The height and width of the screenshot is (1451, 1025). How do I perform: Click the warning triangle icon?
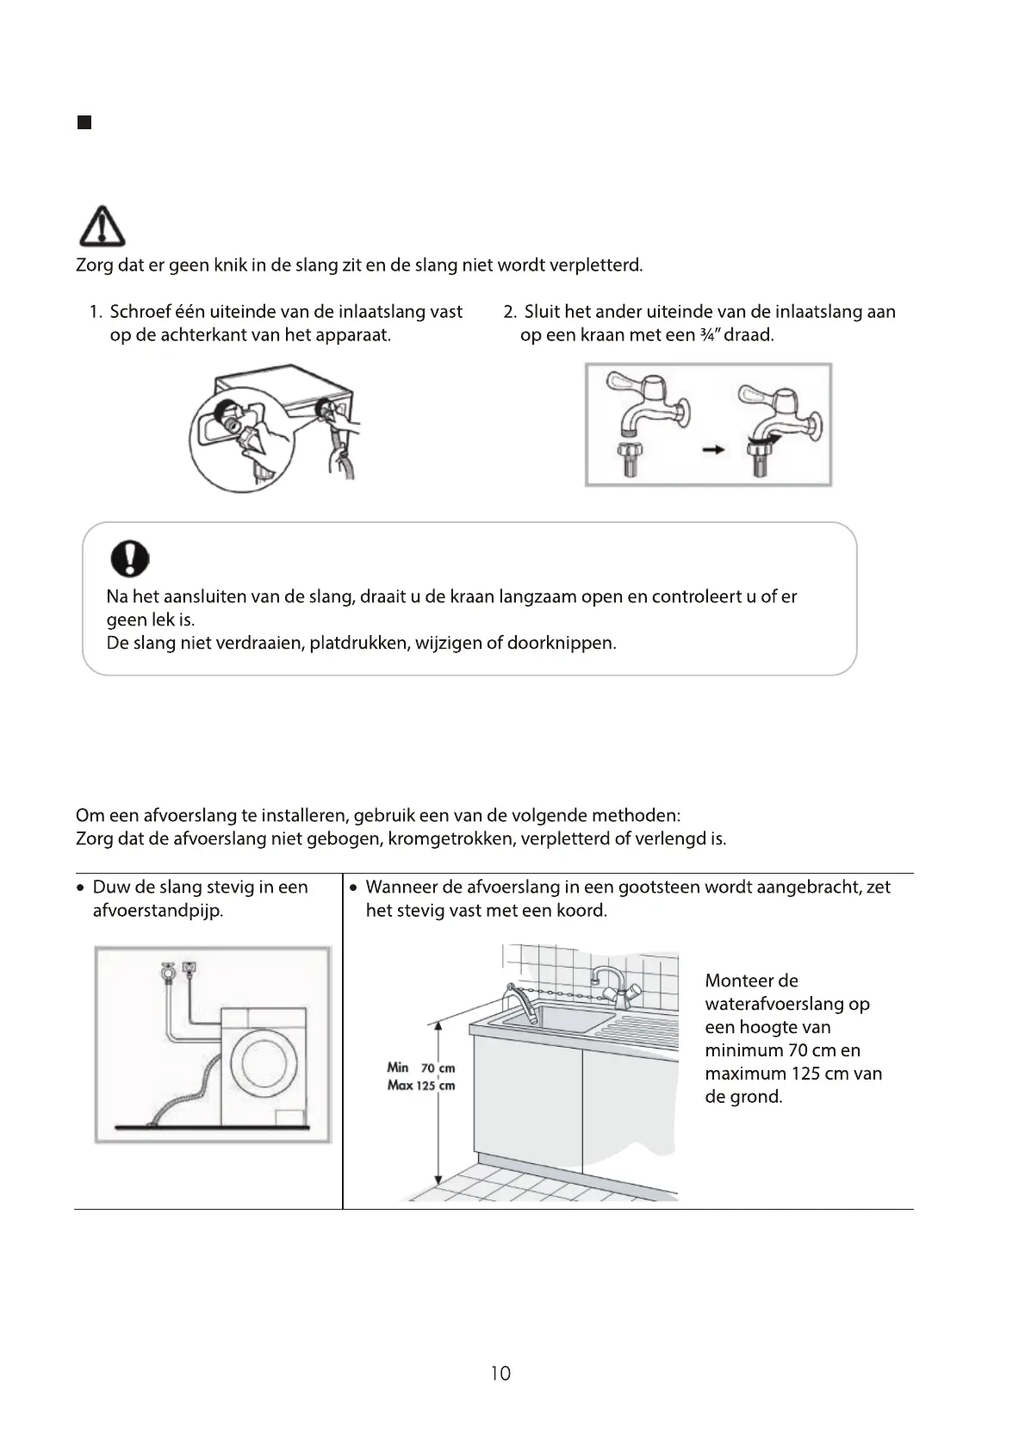tap(102, 227)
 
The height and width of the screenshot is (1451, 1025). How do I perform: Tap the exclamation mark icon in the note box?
tap(129, 559)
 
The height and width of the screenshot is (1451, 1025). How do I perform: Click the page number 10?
tap(500, 1373)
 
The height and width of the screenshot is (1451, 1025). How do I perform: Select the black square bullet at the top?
tap(84, 122)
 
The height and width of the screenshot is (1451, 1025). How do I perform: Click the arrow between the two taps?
tap(712, 449)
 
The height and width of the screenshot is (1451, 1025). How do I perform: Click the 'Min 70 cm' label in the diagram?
tap(420, 1068)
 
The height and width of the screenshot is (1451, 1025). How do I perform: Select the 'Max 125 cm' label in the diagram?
tap(420, 1086)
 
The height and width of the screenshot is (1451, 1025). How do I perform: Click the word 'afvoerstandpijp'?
tap(158, 911)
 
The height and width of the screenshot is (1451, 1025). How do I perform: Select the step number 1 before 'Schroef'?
tap(95, 312)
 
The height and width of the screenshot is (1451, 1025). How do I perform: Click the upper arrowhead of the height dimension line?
tap(438, 1025)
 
